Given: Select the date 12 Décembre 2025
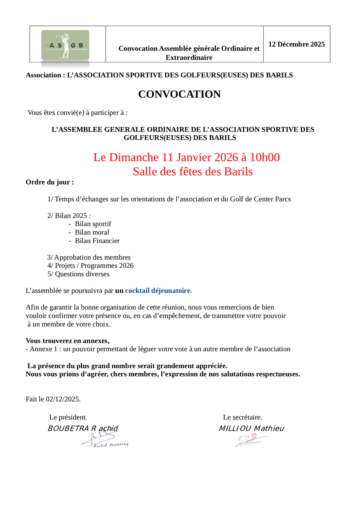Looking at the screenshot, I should tap(296, 44).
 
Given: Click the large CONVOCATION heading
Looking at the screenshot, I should tap(179, 94).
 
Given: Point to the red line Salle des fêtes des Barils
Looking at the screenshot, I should tap(193, 172).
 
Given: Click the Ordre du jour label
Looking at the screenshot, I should tap(50, 182).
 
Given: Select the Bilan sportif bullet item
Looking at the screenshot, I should tap(93, 224).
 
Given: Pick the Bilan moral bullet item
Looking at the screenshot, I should tap(92, 232).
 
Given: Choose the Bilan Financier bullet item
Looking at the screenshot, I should tap(97, 241).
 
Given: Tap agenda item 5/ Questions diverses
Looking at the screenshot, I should tap(78, 274).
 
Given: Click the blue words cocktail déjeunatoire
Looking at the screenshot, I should tap(158, 291).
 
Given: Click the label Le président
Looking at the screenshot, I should tap(68, 417).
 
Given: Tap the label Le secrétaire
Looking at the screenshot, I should tap(243, 417).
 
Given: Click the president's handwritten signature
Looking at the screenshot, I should tap(104, 442).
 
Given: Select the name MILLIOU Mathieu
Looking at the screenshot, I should tap(251, 428).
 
